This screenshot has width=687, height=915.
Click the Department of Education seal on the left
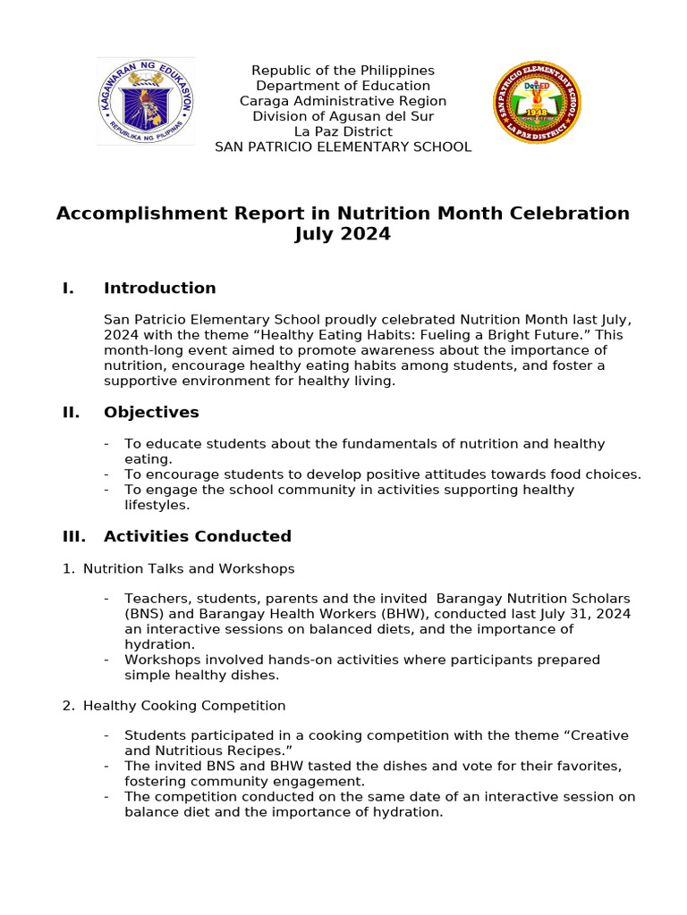(x=146, y=102)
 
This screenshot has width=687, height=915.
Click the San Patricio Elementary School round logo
(x=538, y=103)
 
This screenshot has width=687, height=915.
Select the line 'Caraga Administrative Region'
(x=343, y=101)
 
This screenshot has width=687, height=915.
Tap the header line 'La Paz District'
(x=343, y=131)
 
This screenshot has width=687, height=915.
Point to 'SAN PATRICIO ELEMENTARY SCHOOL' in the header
(x=343, y=147)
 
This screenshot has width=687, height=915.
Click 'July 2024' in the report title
(x=343, y=235)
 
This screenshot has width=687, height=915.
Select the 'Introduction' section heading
(x=159, y=288)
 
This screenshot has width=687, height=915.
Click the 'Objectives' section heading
(x=151, y=412)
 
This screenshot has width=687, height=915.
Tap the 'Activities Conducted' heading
(x=197, y=536)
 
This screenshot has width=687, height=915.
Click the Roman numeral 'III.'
(x=73, y=536)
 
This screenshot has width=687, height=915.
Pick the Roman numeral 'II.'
(x=71, y=412)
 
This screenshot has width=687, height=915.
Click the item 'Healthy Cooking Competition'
(x=184, y=706)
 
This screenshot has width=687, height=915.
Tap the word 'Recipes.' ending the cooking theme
(x=266, y=751)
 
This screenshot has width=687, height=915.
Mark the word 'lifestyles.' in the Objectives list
(x=157, y=505)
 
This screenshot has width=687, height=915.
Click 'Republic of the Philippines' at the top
(x=343, y=71)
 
